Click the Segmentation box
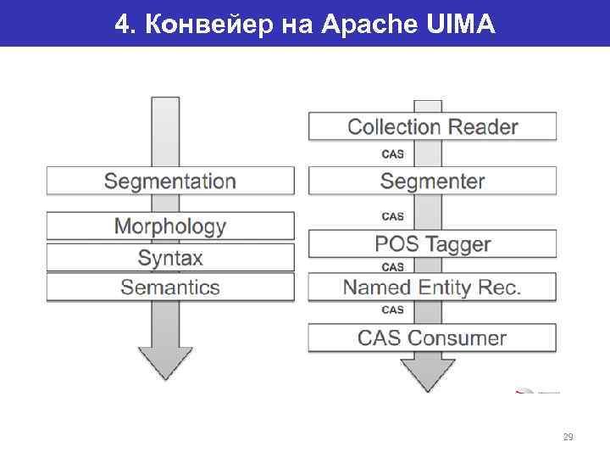tap(170, 181)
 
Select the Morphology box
tap(170, 226)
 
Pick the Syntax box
tap(170, 257)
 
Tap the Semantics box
tap(170, 287)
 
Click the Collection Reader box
tap(432, 127)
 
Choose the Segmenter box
tap(432, 181)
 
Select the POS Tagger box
tap(432, 244)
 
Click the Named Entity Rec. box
tap(432, 287)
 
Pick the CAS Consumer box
tap(432, 338)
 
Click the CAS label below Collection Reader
tap(393, 154)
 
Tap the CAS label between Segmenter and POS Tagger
tap(393, 216)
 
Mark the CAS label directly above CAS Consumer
tap(393, 310)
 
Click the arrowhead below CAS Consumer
tap(429, 373)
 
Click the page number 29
tap(568, 438)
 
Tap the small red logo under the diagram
tap(535, 391)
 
